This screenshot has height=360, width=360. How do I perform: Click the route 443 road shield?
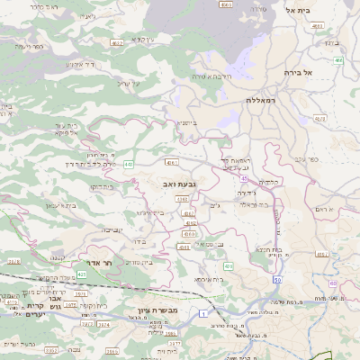[129, 164]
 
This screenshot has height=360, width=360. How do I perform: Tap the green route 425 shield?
[82, 273]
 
